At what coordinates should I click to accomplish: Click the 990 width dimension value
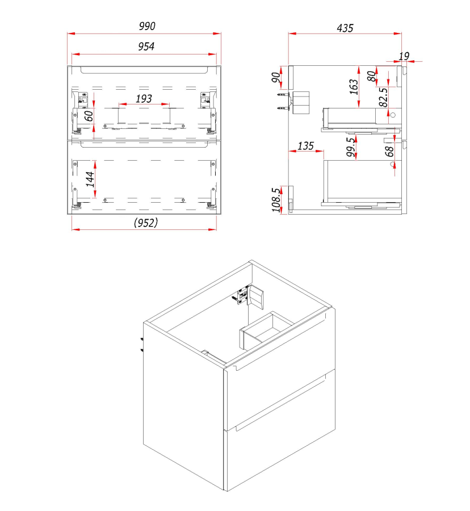[147, 26]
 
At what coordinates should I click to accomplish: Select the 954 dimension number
[146, 47]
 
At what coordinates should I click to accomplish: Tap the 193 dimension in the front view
[144, 98]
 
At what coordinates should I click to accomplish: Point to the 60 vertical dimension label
[89, 116]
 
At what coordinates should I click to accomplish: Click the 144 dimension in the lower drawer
[90, 179]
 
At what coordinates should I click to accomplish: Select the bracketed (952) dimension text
[145, 223]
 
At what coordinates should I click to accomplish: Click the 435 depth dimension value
[345, 28]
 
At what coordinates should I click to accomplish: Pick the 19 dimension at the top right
[404, 56]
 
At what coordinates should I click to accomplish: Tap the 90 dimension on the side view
[276, 78]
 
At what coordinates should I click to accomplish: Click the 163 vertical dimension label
[354, 87]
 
